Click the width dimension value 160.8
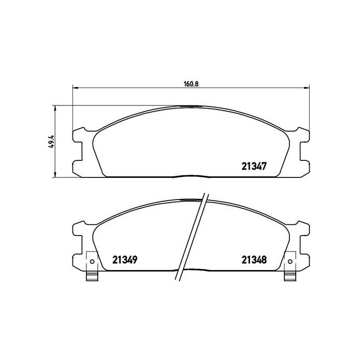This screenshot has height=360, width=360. [191, 84]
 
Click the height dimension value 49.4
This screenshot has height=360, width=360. [51, 141]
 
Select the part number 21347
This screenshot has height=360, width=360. [254, 166]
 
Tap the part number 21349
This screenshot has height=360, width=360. [124, 260]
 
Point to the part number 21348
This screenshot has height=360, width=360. [254, 260]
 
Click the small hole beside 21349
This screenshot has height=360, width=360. [92, 261]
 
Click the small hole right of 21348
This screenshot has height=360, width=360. [290, 261]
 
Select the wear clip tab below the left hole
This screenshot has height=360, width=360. [92, 276]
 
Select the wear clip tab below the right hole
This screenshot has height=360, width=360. [290, 276]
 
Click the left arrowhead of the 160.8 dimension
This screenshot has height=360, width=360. [75, 87]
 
